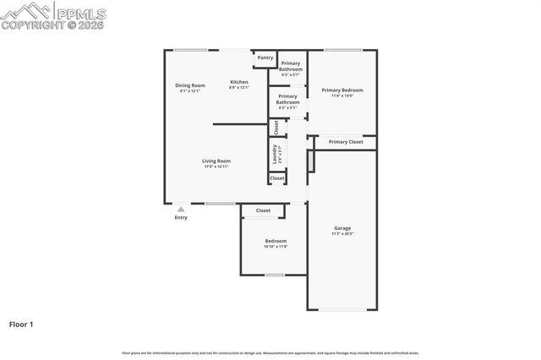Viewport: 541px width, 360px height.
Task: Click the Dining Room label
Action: click(190, 85)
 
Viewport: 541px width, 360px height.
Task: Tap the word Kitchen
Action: click(239, 82)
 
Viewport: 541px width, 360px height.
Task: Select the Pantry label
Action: click(265, 58)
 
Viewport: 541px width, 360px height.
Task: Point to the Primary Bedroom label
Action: click(342, 90)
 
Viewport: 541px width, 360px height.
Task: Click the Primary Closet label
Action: click(346, 142)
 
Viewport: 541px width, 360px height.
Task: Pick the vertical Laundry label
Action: click(276, 153)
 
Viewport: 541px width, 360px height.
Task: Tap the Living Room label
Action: click(216, 161)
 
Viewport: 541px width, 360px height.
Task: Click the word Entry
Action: click(181, 218)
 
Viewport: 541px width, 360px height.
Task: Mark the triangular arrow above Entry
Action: click(180, 209)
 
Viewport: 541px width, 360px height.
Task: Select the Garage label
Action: click(342, 228)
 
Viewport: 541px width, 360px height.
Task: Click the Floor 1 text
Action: click(21, 324)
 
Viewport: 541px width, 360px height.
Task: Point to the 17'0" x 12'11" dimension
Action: click(216, 166)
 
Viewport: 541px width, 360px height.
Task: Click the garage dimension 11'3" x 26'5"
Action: click(342, 233)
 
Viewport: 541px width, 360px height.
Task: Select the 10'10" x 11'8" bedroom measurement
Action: click(276, 247)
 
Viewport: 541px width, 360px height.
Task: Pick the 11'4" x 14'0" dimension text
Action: click(342, 95)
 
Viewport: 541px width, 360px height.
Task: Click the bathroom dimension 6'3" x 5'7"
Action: click(290, 75)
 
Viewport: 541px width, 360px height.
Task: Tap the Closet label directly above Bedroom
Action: click(263, 210)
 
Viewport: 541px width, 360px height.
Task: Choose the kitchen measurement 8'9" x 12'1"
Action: click(239, 88)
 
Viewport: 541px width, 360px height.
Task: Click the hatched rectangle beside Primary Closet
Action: click(310, 160)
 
